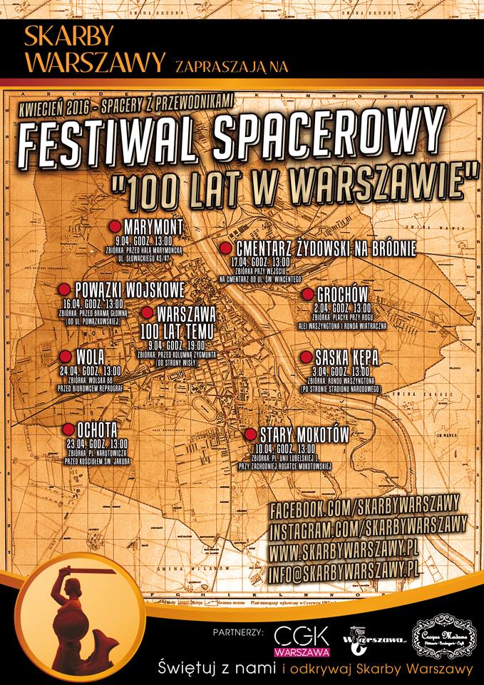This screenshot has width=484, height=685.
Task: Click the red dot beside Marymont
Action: (x=115, y=226)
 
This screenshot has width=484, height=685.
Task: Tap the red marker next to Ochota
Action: (x=68, y=429)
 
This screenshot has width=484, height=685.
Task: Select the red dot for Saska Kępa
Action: (x=306, y=357)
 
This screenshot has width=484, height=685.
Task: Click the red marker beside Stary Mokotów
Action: (x=250, y=434)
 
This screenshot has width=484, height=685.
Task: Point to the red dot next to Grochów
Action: (x=308, y=294)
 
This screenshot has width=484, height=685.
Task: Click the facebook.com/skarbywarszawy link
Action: (x=364, y=507)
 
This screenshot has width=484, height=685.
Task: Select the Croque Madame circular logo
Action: (x=441, y=636)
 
